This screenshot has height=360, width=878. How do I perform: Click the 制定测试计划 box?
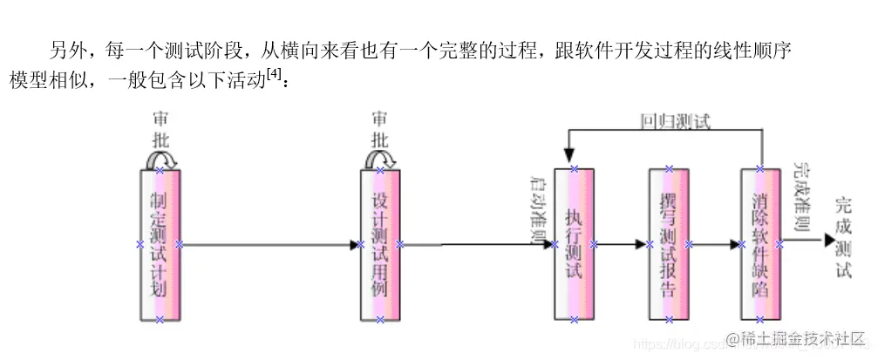pyautogui.click(x=159, y=245)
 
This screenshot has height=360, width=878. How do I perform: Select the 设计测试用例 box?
pyautogui.click(x=379, y=245)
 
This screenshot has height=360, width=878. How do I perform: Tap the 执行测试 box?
pyautogui.click(x=573, y=245)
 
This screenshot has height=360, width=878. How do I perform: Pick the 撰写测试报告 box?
pyautogui.click(x=669, y=245)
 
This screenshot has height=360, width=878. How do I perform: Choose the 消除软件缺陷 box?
pyautogui.click(x=760, y=245)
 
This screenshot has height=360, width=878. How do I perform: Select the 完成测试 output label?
pyautogui.click(x=842, y=238)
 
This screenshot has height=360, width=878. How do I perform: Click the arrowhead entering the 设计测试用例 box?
pyautogui.click(x=355, y=245)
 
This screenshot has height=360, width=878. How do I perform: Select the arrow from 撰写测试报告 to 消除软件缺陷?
pyautogui.click(x=715, y=245)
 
